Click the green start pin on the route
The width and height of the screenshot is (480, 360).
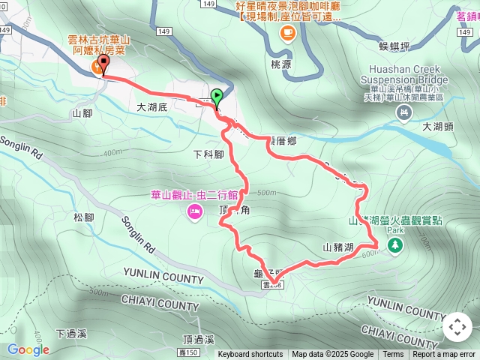(x=217, y=97)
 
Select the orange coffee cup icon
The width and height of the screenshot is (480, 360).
(x=286, y=32)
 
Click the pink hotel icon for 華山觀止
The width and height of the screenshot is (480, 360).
(x=193, y=214)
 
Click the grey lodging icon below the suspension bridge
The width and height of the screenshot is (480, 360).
(x=405, y=112)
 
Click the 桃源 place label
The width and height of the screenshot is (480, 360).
(x=281, y=64)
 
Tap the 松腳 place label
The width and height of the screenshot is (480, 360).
(x=84, y=217)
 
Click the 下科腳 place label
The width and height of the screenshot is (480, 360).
(x=208, y=155)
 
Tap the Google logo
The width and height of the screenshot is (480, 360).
(x=28, y=349)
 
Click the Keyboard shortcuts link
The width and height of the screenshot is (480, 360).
(x=250, y=355)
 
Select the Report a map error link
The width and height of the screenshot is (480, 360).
(x=445, y=355)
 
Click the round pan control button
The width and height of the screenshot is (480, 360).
(x=457, y=327)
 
